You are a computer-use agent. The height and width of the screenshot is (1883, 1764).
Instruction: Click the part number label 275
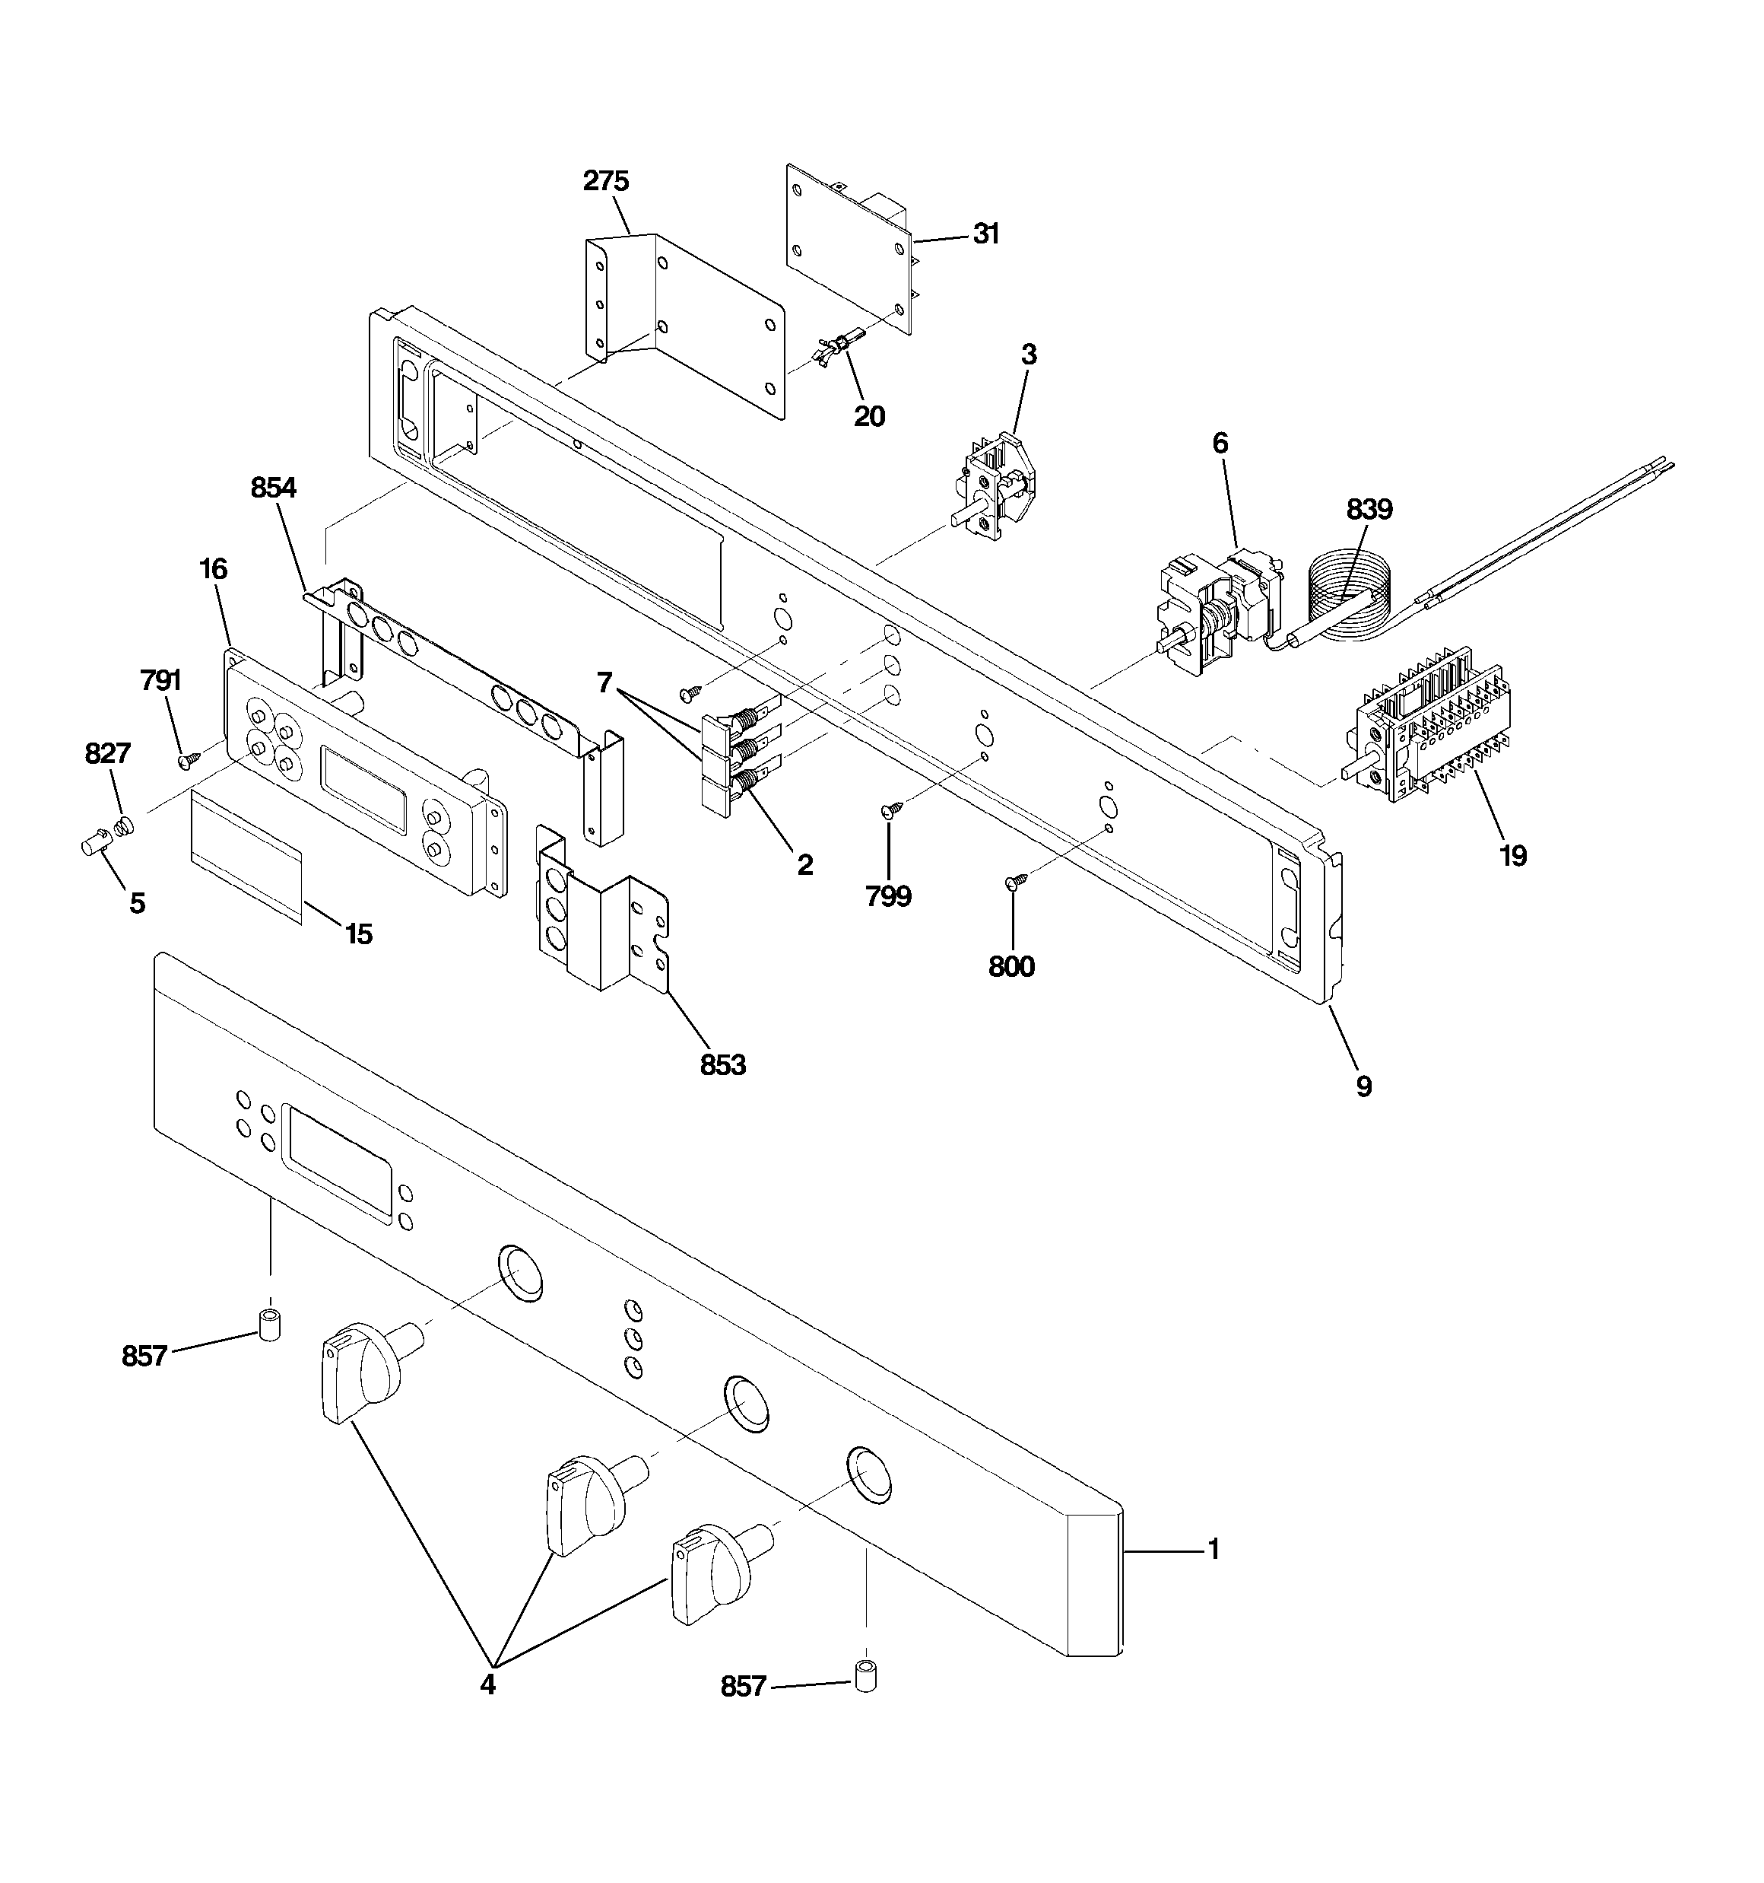point(606,181)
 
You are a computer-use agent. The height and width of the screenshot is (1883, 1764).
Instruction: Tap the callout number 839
point(1369,511)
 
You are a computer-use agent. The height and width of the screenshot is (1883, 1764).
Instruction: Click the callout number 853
point(722,1066)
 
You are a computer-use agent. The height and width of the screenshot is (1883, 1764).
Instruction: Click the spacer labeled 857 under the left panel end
point(271,1325)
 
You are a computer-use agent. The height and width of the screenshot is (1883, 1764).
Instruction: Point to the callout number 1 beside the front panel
point(1213,1551)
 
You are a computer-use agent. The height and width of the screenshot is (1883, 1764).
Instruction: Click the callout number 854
point(274,488)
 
